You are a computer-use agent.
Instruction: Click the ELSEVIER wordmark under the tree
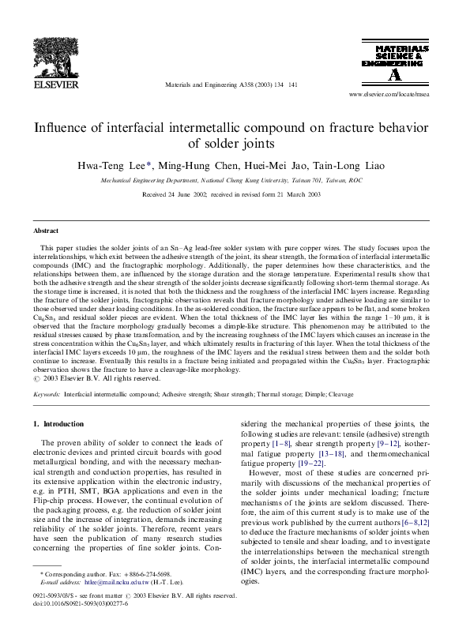[x=54, y=81]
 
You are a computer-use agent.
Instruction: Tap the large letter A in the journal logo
[x=394, y=75]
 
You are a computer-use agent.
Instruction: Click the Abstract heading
[x=47, y=231]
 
